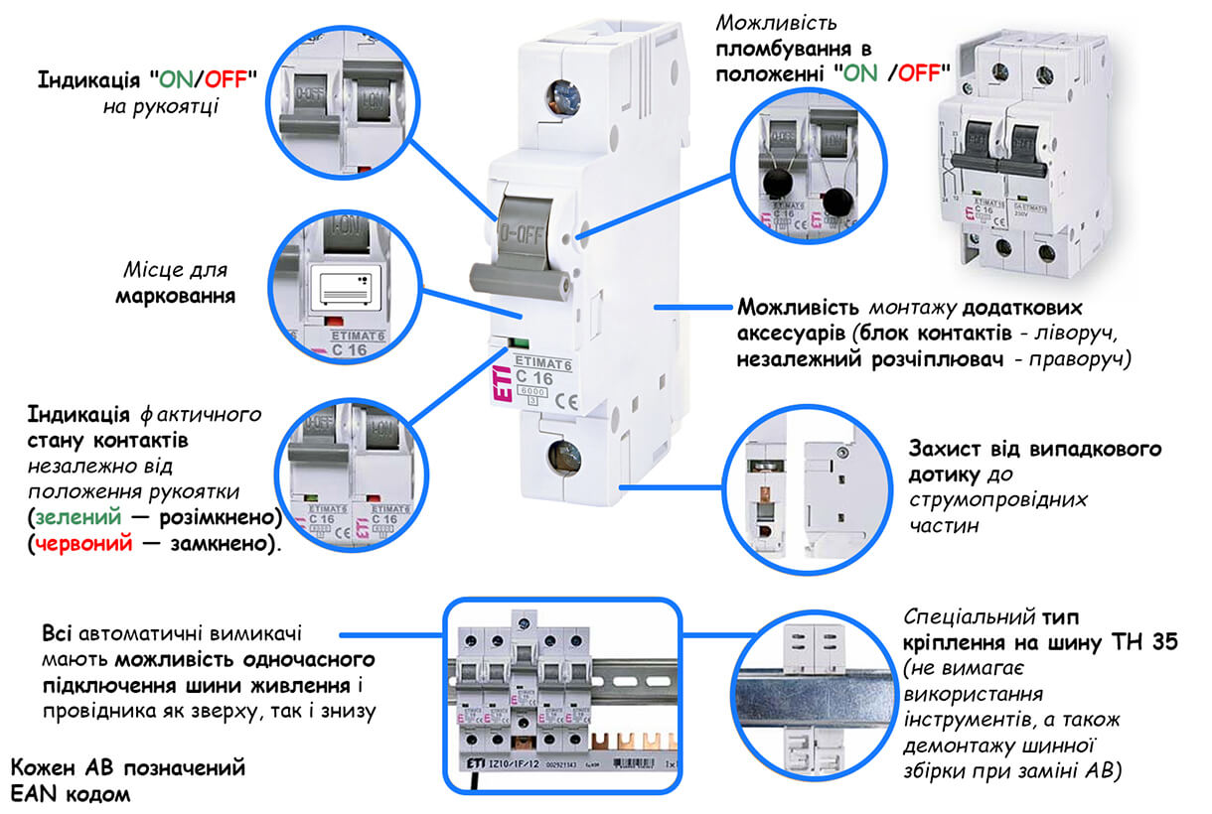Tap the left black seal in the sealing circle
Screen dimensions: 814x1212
point(778,183)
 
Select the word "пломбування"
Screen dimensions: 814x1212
point(777,48)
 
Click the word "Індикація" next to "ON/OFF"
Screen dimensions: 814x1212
point(86,79)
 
